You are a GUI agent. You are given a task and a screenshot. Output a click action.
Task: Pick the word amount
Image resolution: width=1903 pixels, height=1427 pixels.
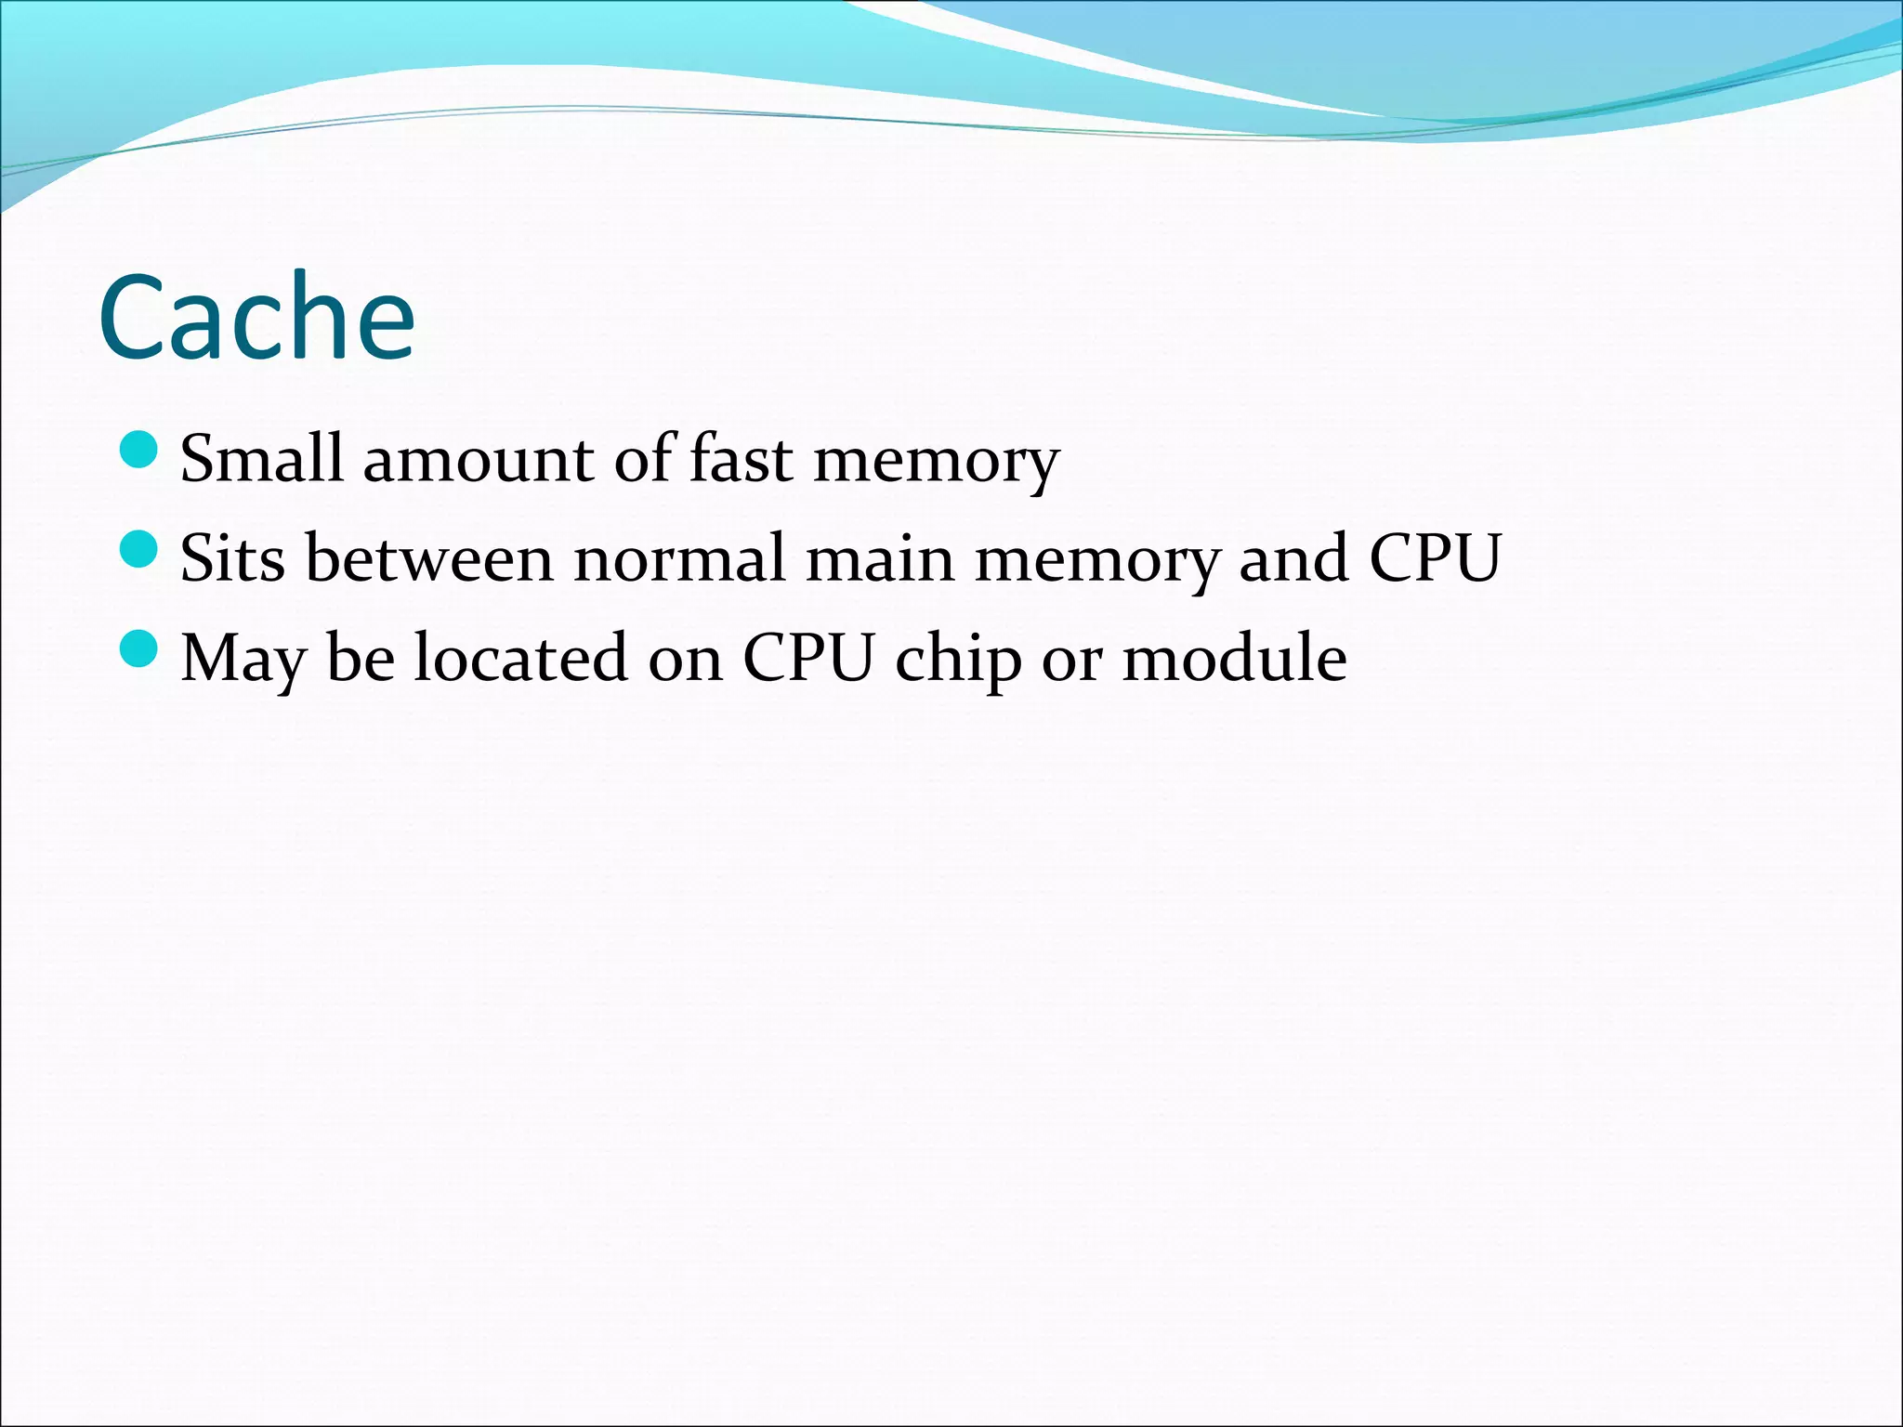point(478,459)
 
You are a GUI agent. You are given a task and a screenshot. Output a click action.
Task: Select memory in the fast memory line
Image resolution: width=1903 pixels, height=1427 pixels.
point(936,463)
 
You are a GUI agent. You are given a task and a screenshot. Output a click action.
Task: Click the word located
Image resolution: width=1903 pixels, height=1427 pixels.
point(520,657)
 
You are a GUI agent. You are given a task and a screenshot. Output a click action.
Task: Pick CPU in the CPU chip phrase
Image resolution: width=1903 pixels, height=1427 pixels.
point(808,657)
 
